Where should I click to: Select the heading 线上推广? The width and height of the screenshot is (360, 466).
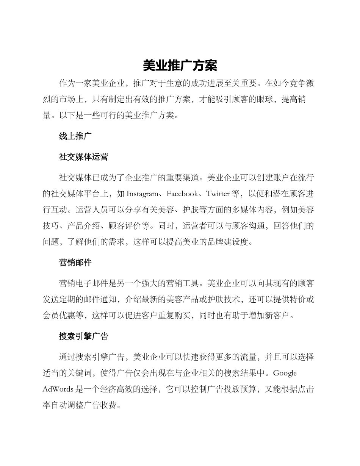pos(75,136)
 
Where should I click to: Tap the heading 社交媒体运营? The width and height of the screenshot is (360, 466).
pos(84,157)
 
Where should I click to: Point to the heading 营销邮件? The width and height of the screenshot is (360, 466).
pos(75,262)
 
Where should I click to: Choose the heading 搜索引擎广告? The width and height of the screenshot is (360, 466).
pos(84,336)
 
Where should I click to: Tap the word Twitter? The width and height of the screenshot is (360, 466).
pos(218,194)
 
